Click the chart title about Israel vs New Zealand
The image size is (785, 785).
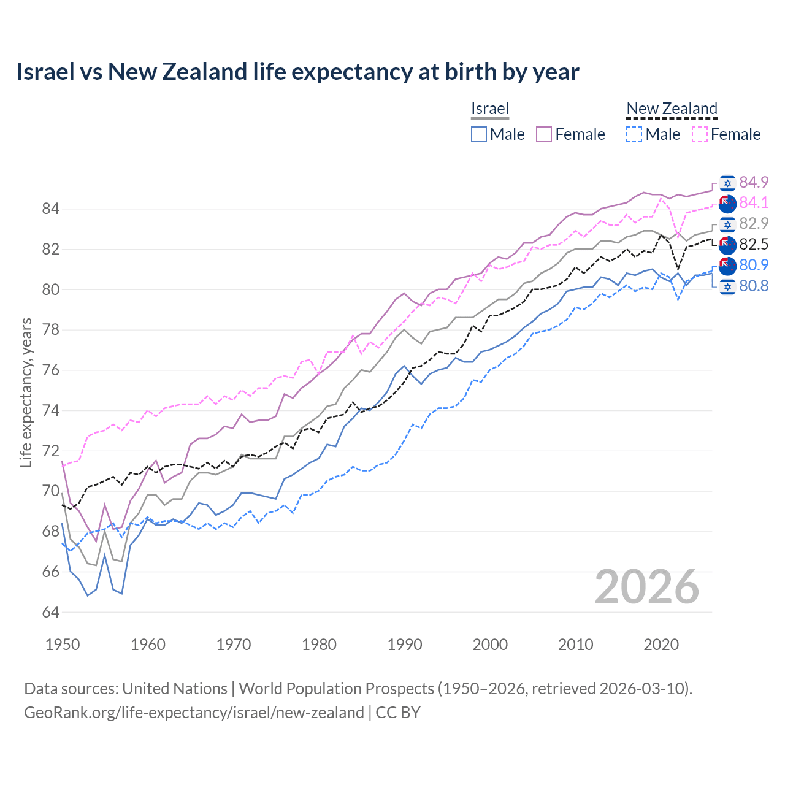(x=297, y=72)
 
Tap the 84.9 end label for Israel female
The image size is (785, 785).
(x=754, y=182)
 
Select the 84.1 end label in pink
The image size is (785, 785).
(x=754, y=202)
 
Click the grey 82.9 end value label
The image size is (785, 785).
(x=754, y=223)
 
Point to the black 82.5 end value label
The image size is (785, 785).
(x=754, y=244)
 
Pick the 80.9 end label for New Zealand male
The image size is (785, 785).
(x=754, y=265)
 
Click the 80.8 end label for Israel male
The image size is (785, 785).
(x=754, y=286)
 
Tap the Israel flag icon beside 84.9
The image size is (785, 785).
(x=727, y=183)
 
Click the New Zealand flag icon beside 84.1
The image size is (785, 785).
(x=727, y=203)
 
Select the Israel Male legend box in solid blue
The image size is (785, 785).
(x=479, y=134)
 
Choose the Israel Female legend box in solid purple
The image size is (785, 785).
(x=544, y=134)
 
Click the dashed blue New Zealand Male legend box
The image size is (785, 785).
(x=634, y=134)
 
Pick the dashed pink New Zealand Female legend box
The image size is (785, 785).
(x=700, y=134)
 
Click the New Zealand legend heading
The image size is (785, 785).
(x=672, y=109)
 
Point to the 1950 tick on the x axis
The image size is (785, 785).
(x=63, y=645)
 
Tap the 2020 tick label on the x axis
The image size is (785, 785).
(x=661, y=645)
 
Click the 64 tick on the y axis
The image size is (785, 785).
(x=50, y=612)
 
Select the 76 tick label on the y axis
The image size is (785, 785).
(x=50, y=370)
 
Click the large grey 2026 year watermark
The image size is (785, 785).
(x=647, y=587)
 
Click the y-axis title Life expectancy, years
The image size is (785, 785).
(x=26, y=392)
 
